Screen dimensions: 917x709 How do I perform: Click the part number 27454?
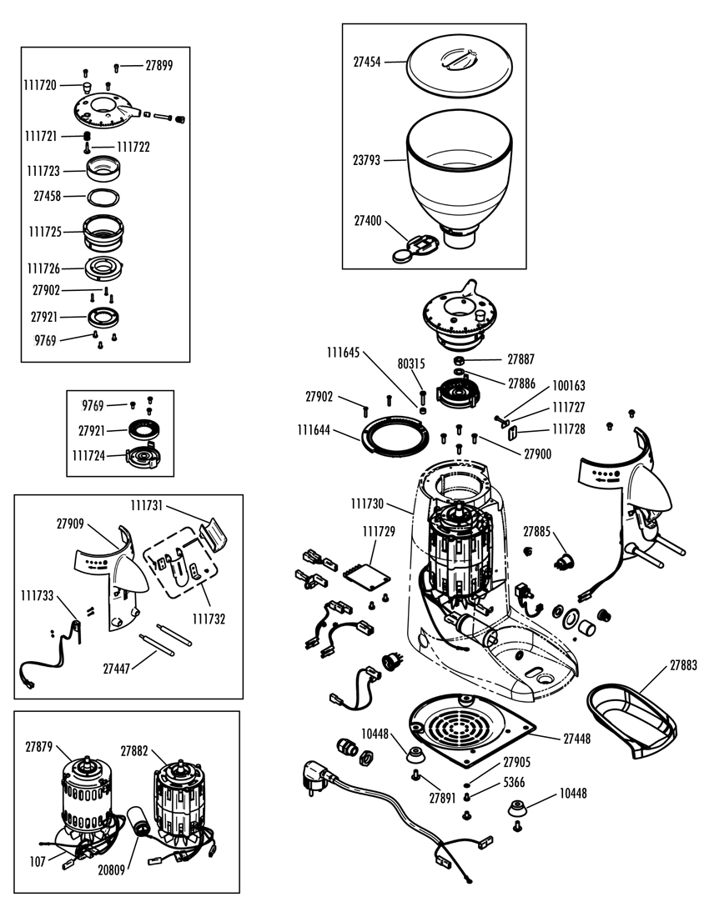pyautogui.click(x=367, y=63)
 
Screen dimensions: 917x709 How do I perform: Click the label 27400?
pyautogui.click(x=368, y=222)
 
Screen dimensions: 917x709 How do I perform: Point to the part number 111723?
pyautogui.click(x=43, y=171)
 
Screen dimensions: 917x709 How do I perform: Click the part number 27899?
pyautogui.click(x=158, y=65)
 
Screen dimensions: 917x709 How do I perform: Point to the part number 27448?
pyautogui.click(x=576, y=739)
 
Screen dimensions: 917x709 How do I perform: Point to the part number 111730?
pyautogui.click(x=367, y=504)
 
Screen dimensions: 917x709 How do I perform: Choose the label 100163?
pyautogui.click(x=569, y=386)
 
